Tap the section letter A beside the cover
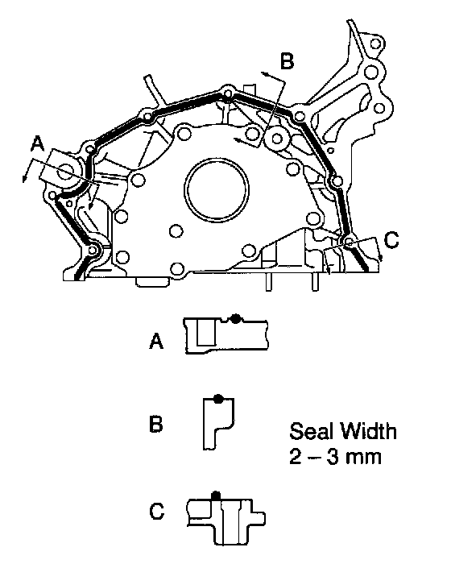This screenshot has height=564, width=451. [x=38, y=144]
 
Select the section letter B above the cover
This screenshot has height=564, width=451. [x=287, y=60]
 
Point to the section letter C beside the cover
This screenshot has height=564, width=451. [x=391, y=240]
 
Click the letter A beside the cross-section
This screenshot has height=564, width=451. [x=156, y=341]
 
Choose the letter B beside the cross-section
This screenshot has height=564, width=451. [x=155, y=424]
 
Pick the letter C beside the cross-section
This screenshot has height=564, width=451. [x=157, y=511]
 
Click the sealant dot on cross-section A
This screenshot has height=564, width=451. [x=236, y=319]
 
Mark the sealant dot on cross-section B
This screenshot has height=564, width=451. [x=218, y=399]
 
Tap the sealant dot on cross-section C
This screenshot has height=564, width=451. [x=215, y=495]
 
